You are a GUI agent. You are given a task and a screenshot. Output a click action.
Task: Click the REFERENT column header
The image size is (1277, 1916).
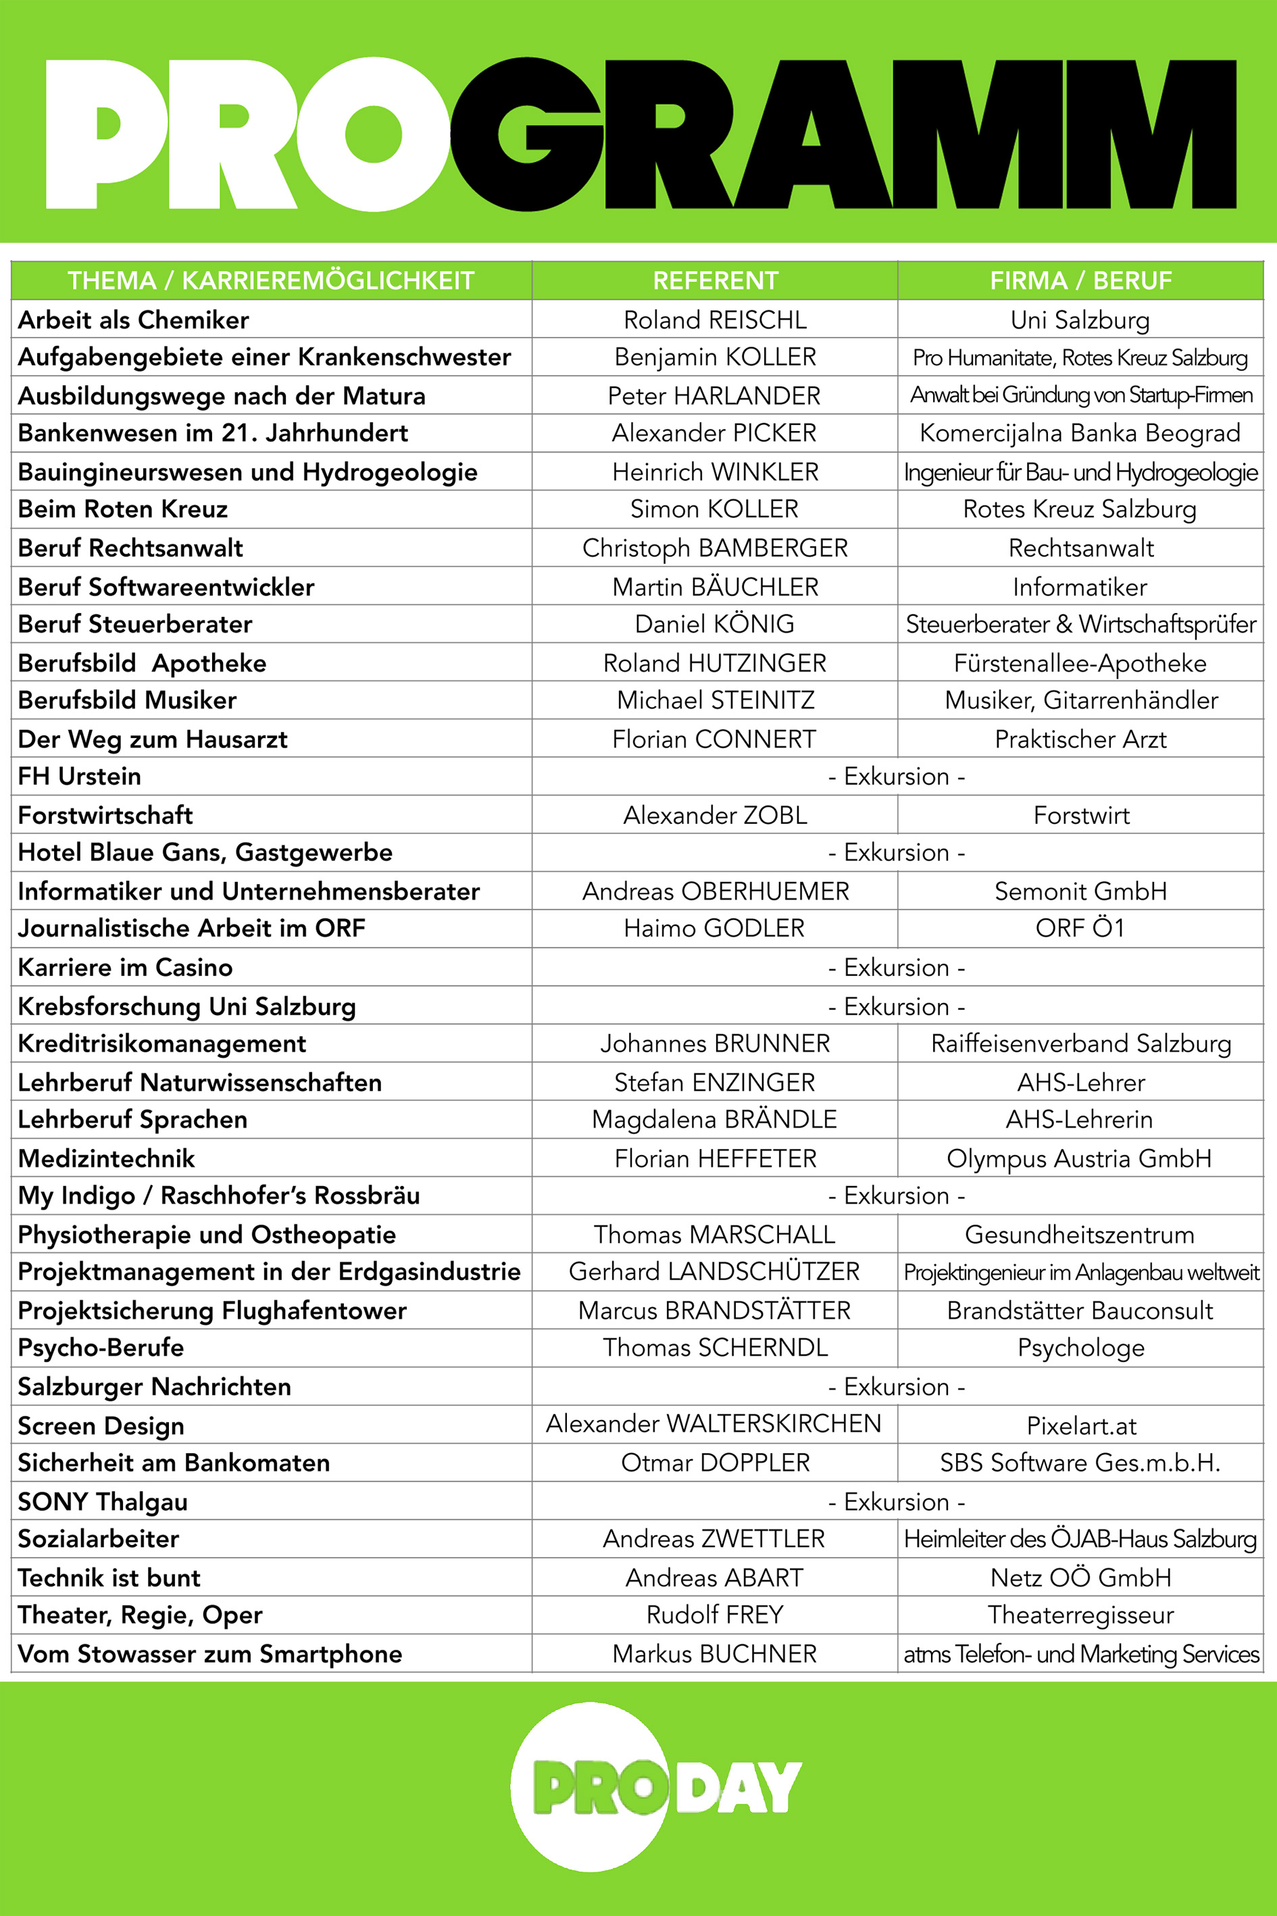click(715, 280)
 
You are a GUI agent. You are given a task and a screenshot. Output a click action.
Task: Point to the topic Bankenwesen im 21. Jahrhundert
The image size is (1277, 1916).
click(213, 433)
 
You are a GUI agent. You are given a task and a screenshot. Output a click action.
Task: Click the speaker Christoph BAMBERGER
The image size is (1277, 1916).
click(715, 547)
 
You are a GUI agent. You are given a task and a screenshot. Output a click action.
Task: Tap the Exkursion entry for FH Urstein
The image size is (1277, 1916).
click(897, 777)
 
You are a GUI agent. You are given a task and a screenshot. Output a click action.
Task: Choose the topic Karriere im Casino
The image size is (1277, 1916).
click(126, 967)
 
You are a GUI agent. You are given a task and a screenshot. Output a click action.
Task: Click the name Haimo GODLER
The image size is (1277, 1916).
click(714, 928)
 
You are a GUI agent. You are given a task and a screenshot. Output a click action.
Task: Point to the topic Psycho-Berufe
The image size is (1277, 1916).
click(101, 1348)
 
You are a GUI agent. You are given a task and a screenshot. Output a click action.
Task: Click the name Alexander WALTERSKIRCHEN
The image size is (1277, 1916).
click(713, 1423)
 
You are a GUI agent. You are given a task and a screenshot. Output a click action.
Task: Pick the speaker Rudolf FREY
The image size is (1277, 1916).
click(714, 1615)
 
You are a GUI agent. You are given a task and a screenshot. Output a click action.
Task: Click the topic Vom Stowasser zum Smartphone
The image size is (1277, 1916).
click(210, 1654)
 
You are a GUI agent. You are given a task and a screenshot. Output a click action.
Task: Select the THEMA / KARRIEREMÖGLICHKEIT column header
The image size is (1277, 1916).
click(270, 280)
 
